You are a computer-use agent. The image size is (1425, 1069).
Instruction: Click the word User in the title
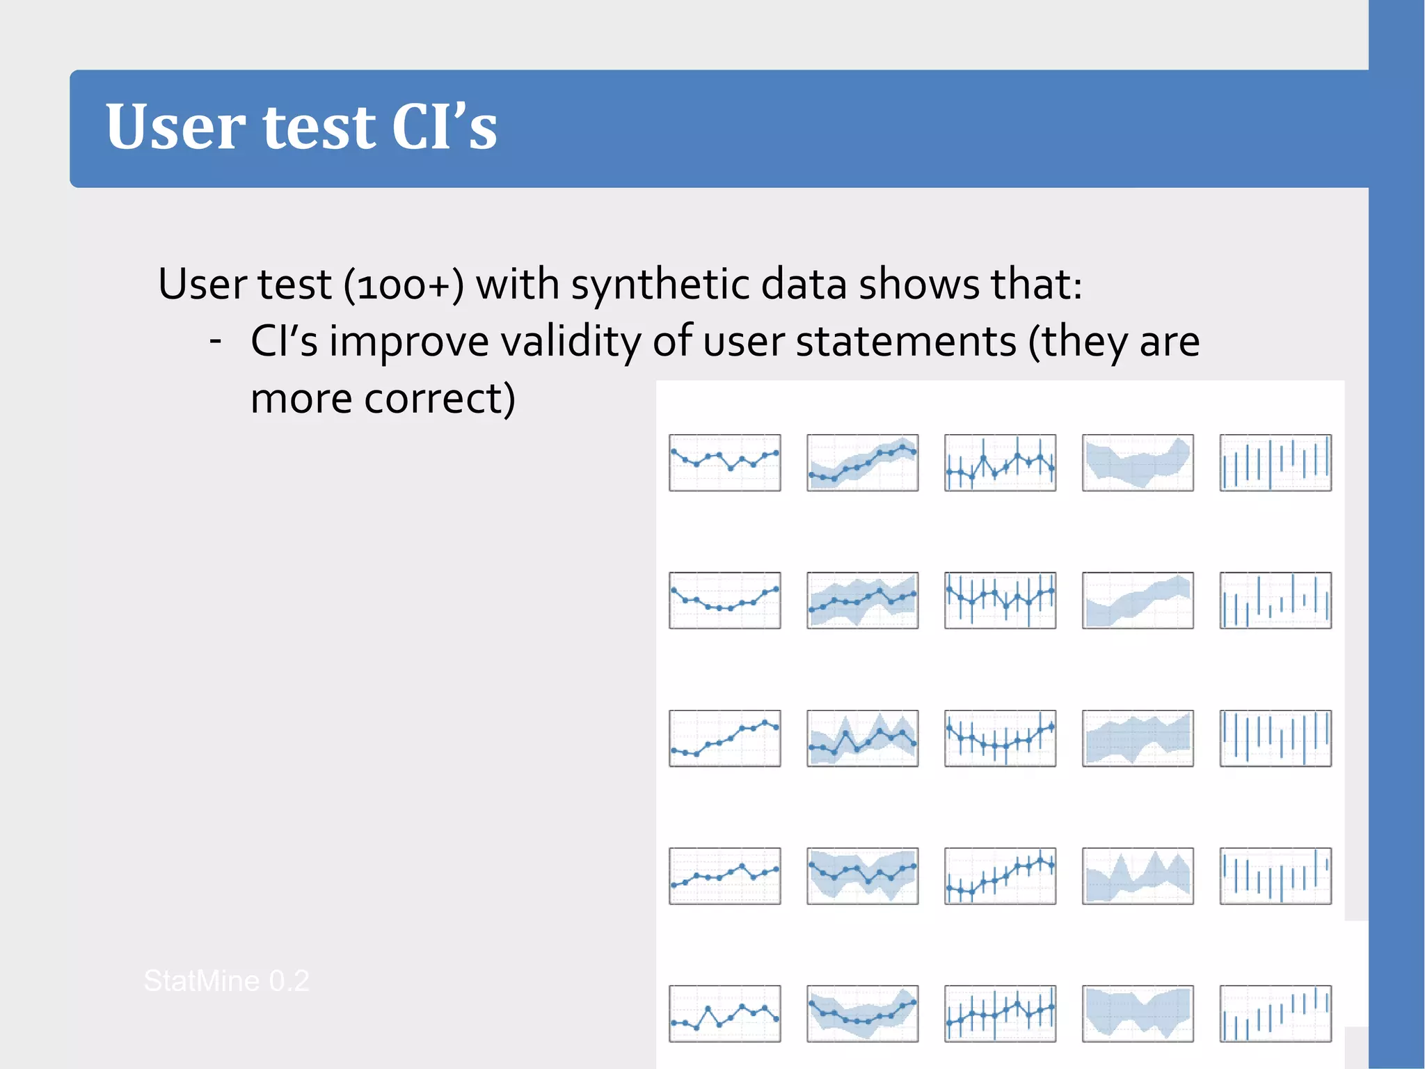tap(174, 127)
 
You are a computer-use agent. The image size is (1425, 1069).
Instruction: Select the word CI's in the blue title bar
tap(444, 127)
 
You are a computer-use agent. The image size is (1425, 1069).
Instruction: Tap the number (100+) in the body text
tap(404, 285)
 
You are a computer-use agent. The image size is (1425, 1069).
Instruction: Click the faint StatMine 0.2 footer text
tap(226, 981)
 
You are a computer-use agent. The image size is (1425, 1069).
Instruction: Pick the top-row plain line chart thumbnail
tap(724, 463)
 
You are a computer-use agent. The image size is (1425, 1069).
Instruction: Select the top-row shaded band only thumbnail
tap(1138, 463)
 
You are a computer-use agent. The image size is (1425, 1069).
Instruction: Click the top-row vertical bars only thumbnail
tap(1275, 463)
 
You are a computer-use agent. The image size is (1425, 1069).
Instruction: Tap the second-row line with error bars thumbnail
tap(1000, 601)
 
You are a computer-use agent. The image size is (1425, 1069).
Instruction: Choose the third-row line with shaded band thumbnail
tap(862, 738)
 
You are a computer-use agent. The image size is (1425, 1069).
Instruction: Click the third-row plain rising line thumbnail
tap(724, 738)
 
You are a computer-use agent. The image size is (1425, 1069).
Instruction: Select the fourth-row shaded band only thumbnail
tap(1138, 876)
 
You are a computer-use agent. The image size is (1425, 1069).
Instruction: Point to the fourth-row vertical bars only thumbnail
tap(1275, 876)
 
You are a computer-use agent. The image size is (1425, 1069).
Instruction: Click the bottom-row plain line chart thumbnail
tap(724, 1014)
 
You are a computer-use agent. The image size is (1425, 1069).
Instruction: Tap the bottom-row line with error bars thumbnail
tap(1000, 1014)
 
